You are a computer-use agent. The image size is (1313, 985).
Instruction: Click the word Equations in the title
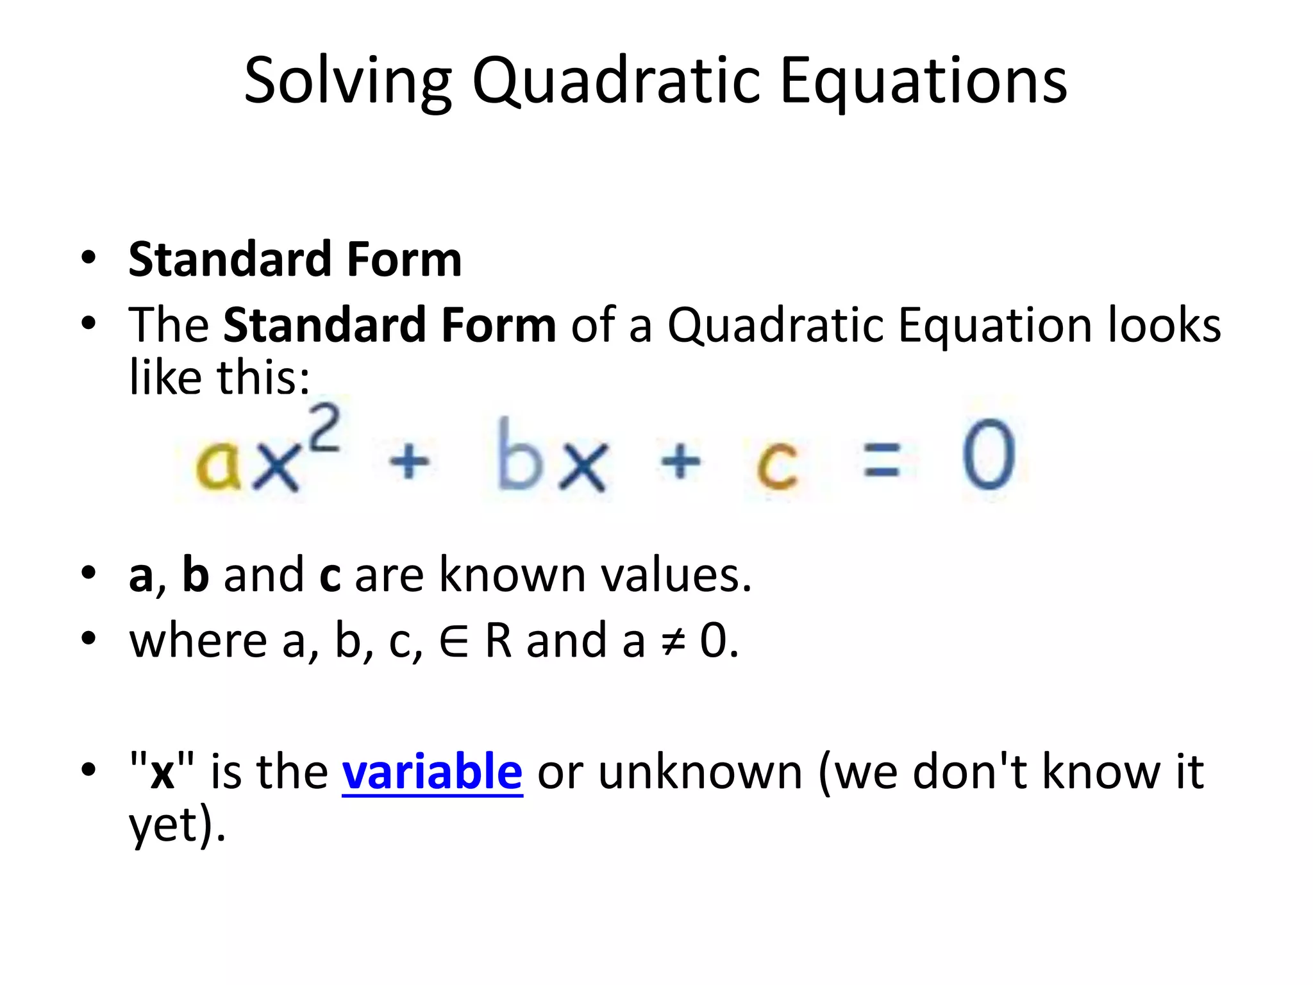pos(923,81)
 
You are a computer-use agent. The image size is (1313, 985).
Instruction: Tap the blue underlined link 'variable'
pos(432,771)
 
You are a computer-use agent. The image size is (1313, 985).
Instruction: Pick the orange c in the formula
pos(776,465)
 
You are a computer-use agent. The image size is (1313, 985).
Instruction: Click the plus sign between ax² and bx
pos(409,460)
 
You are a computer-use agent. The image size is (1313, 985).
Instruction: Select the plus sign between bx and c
pos(680,460)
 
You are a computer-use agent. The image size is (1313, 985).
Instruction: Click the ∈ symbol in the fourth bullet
pos(454,641)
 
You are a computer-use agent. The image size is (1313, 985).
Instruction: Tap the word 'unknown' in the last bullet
pos(700,771)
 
